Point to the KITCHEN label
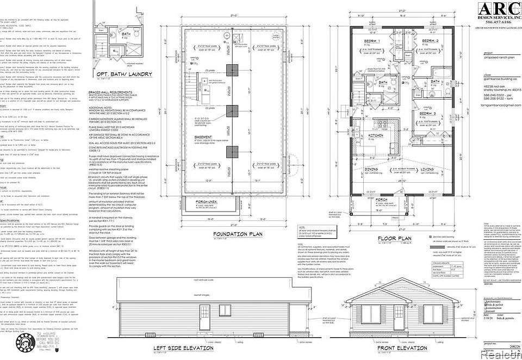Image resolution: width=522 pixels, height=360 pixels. pyautogui.click(x=377, y=135)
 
